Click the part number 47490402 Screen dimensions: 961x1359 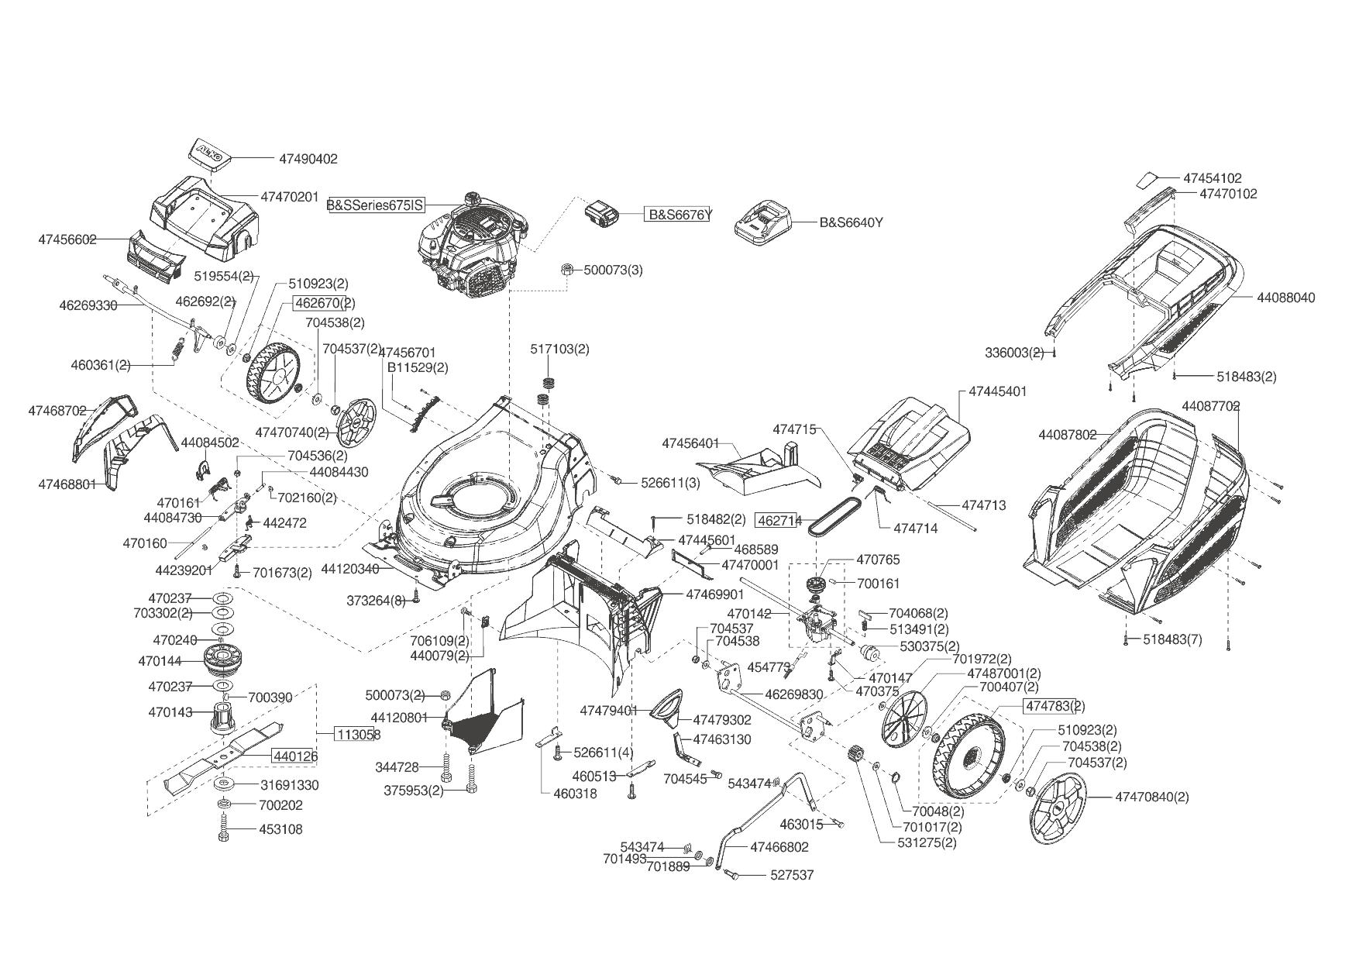[308, 159]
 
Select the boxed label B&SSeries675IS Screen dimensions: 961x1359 [377, 205]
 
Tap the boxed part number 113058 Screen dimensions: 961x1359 [357, 733]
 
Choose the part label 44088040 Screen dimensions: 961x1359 [1285, 298]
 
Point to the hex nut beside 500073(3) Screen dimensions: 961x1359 [566, 270]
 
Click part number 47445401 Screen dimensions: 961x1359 [997, 391]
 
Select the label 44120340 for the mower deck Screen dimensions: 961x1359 [349, 569]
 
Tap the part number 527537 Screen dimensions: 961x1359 [792, 875]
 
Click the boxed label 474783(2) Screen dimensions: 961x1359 [1055, 706]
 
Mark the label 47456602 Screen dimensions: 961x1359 [67, 239]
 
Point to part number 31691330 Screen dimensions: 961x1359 [289, 785]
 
